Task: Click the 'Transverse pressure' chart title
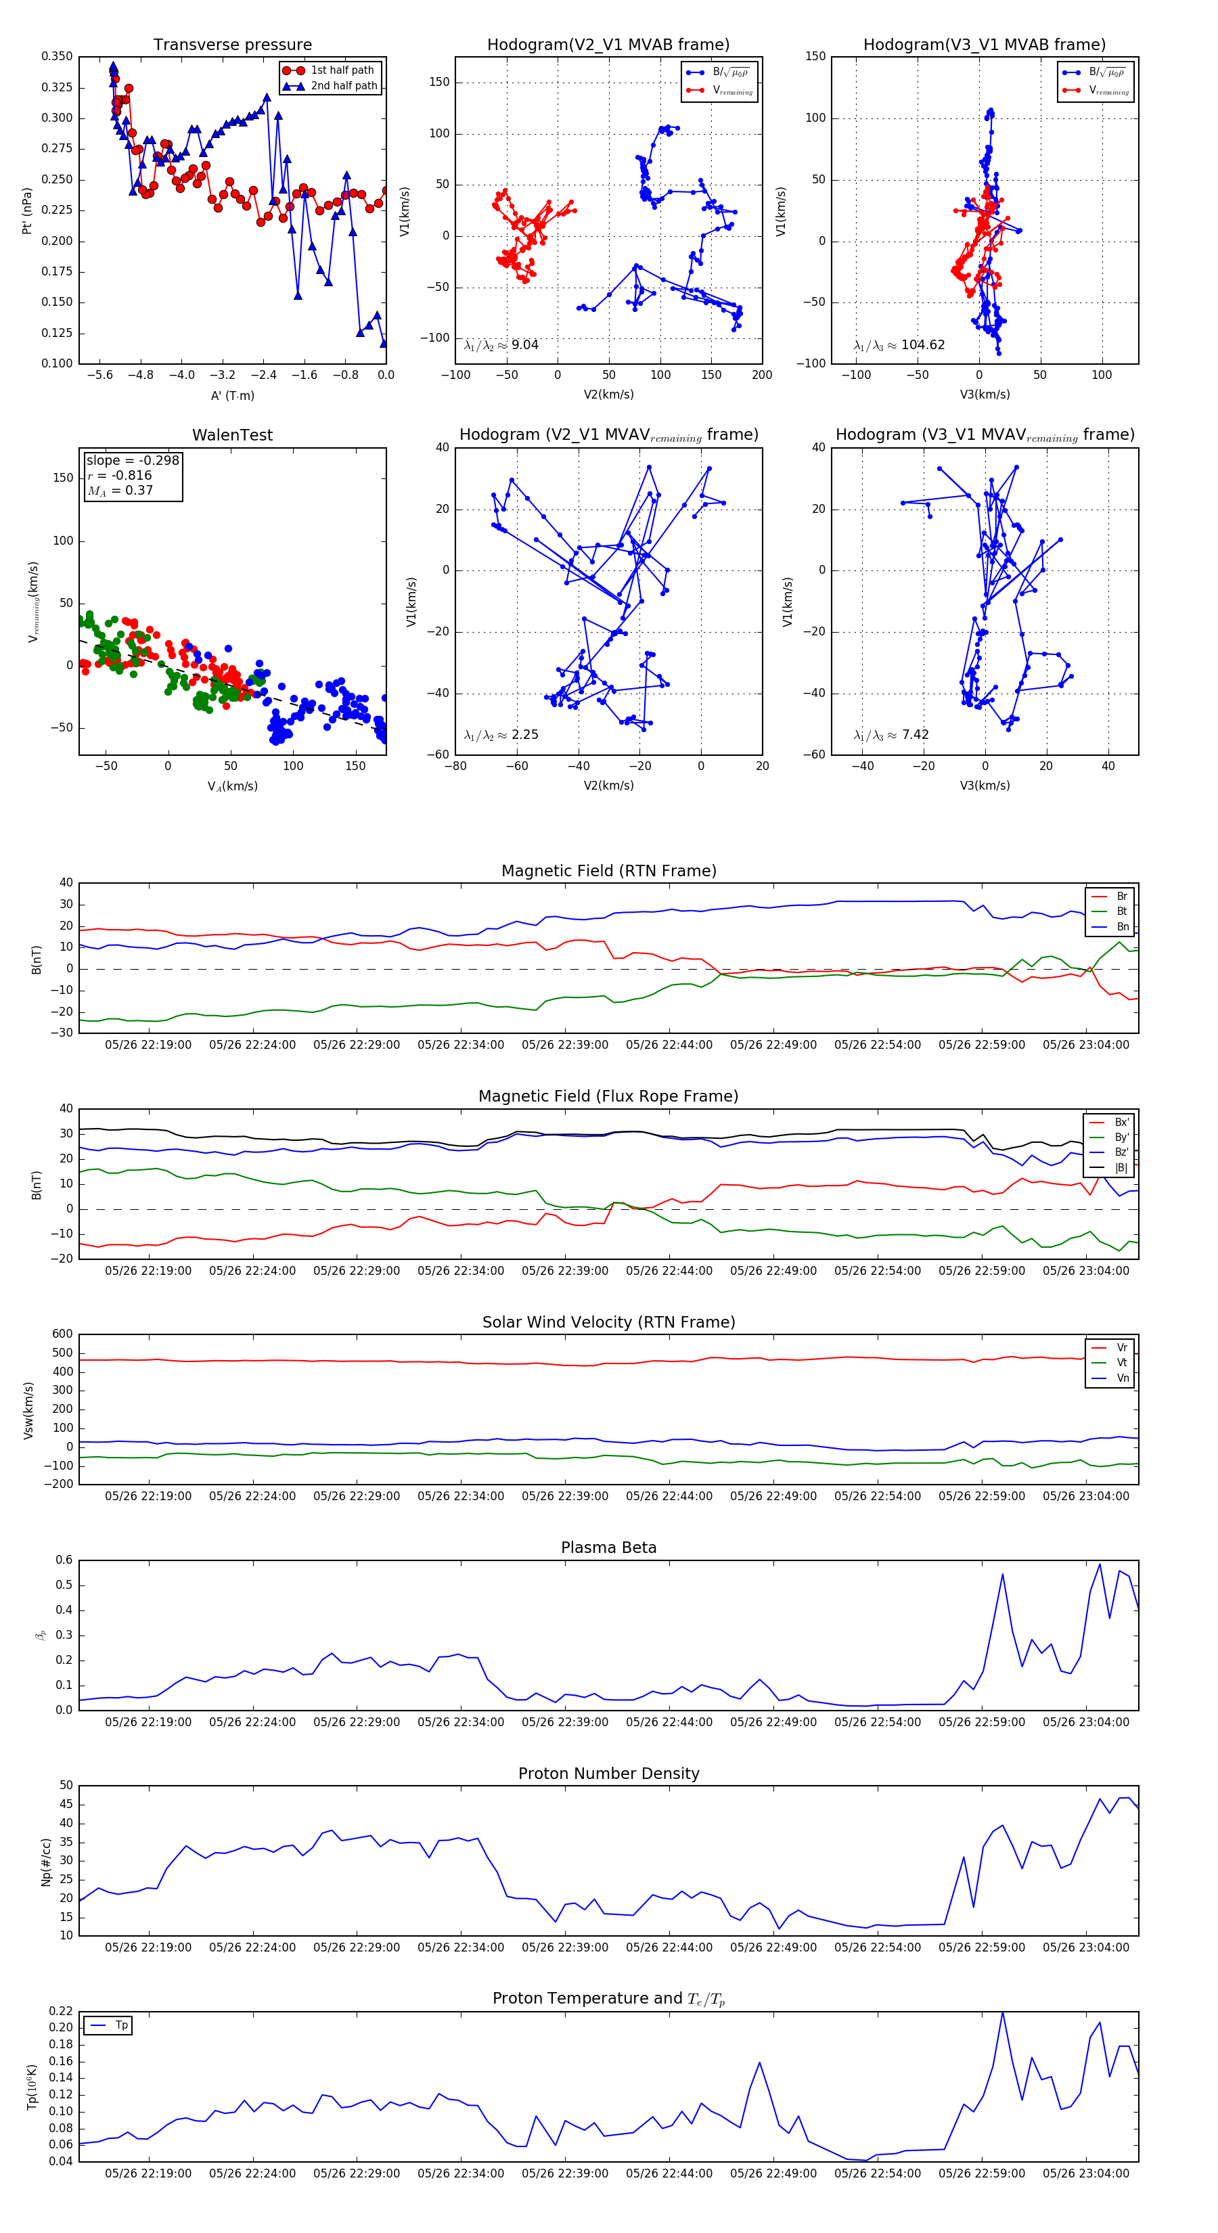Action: [x=232, y=45]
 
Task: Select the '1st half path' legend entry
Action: [x=342, y=70]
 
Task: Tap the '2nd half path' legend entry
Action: [x=343, y=86]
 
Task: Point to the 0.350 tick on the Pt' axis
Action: [x=58, y=56]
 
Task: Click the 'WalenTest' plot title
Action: [x=232, y=435]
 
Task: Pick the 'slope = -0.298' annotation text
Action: [x=133, y=460]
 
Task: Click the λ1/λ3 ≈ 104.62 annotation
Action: [x=899, y=345]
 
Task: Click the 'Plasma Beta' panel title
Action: [x=608, y=1548]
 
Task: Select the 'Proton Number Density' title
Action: [x=608, y=1774]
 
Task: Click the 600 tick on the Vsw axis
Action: [x=62, y=1334]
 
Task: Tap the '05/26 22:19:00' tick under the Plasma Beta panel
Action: [x=148, y=1721]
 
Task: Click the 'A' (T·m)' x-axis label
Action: [x=232, y=396]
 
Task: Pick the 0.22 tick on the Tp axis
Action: [x=61, y=2011]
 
